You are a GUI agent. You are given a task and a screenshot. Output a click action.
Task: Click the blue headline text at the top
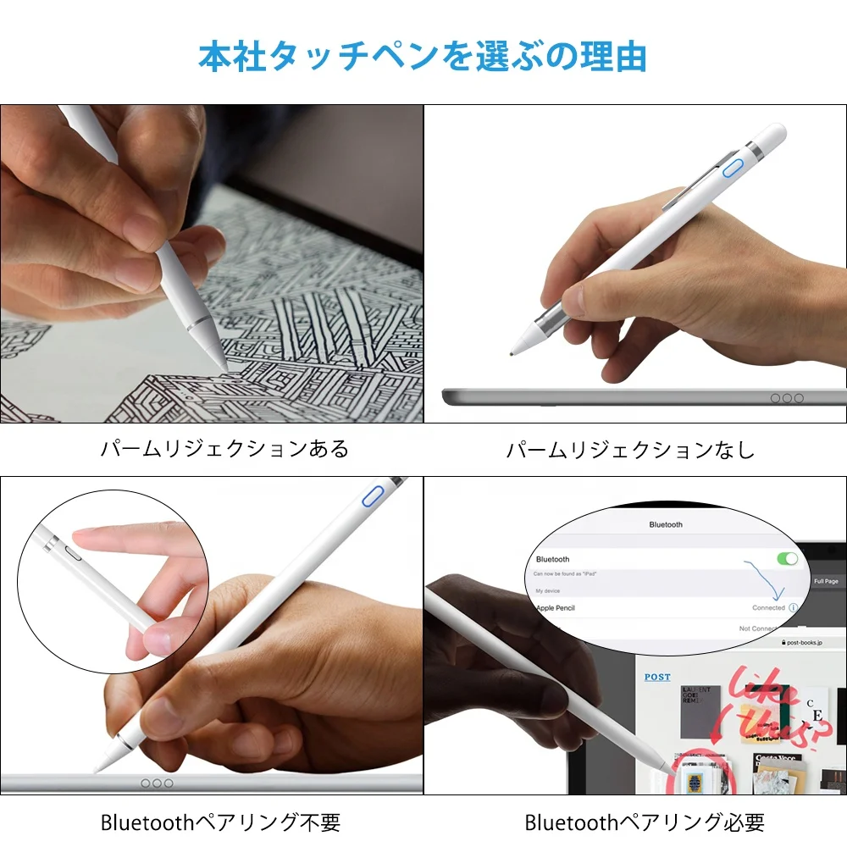[423, 56]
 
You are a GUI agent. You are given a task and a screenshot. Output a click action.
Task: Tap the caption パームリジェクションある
[224, 449]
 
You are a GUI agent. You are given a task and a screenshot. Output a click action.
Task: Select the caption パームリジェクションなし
[630, 450]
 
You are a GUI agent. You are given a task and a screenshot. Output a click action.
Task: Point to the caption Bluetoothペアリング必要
[645, 822]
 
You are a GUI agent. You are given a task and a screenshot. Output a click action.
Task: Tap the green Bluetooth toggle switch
[787, 558]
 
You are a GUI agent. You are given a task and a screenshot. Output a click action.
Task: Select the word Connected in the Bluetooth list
[768, 608]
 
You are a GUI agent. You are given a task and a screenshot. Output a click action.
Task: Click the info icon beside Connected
[794, 608]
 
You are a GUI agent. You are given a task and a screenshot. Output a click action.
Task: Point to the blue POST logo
[657, 677]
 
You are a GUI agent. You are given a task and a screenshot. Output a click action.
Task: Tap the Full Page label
[826, 581]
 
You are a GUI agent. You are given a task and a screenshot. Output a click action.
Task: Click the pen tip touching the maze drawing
[224, 367]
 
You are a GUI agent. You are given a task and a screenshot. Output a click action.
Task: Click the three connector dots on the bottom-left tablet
[157, 783]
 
